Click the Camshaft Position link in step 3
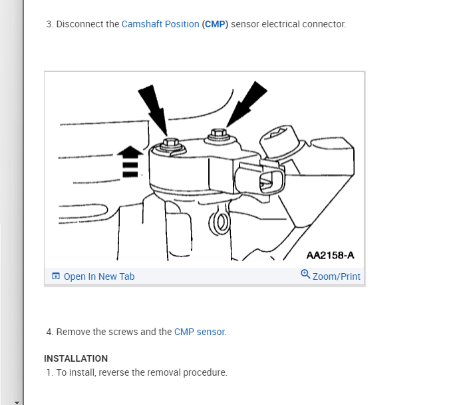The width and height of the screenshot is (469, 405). (x=160, y=24)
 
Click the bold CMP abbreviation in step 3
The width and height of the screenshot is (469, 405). (x=215, y=24)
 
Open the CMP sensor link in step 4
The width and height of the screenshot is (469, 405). (x=200, y=332)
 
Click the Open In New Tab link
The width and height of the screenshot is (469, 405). (x=99, y=276)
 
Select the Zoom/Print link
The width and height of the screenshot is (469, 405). (x=337, y=276)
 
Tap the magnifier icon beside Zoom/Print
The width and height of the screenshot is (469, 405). (x=305, y=274)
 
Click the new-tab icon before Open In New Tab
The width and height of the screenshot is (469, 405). (x=55, y=276)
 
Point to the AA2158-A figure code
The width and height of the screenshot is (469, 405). (x=330, y=255)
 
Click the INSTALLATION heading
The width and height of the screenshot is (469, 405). (x=76, y=358)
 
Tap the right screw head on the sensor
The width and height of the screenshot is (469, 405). (x=218, y=136)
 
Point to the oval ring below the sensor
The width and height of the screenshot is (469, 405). (x=216, y=223)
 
